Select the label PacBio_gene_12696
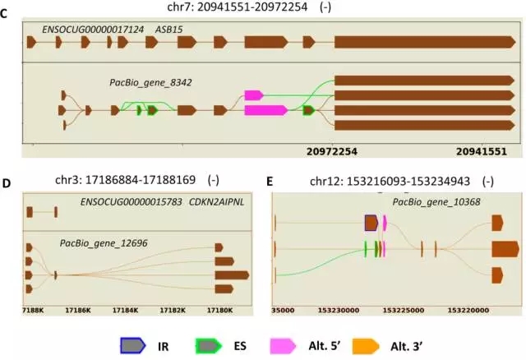click(x=102, y=243)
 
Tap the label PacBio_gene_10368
click(x=436, y=201)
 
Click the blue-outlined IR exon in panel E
click(x=371, y=222)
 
